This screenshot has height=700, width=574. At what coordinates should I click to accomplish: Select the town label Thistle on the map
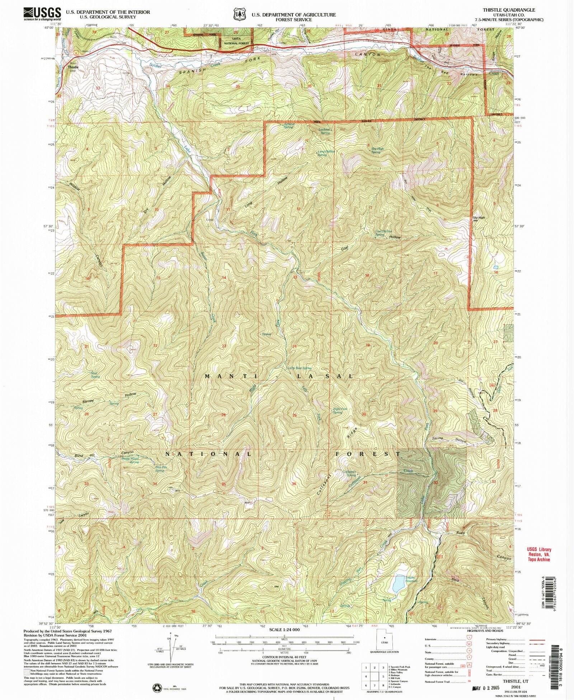[x=73, y=67]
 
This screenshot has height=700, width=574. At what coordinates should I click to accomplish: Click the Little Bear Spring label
[x=300, y=368]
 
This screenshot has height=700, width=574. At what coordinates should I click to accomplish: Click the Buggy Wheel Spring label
[x=131, y=460]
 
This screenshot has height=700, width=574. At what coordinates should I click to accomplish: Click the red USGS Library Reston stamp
[x=539, y=554]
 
